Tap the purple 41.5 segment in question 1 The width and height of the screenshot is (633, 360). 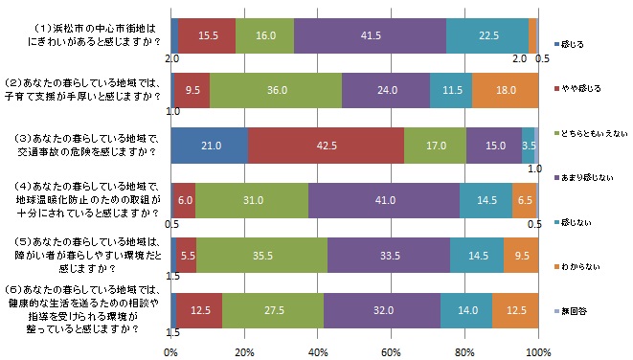(370, 35)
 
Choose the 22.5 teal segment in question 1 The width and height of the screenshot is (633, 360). (487, 35)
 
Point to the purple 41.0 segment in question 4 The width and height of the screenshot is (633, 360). (384, 201)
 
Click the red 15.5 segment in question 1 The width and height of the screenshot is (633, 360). (207, 35)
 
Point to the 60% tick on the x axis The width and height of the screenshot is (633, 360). (392, 352)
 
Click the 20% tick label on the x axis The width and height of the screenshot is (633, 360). (245, 352)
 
